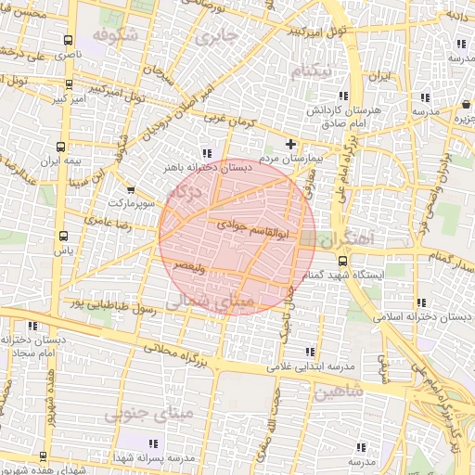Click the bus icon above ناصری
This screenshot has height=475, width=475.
point(67,40)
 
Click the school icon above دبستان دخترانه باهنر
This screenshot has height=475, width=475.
point(206,153)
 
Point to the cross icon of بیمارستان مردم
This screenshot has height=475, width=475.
point(291,144)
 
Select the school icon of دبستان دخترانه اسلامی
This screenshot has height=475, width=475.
point(422,302)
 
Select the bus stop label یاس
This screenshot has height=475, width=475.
point(63,250)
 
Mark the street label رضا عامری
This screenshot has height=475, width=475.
point(109,223)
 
